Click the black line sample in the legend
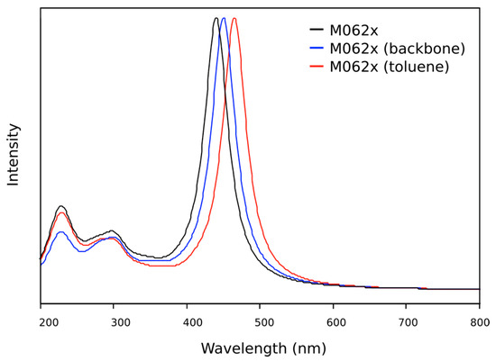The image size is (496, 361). (x=317, y=30)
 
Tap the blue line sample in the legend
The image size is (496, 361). (x=317, y=48)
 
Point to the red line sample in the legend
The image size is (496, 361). (x=317, y=66)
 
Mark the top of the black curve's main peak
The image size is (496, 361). (x=216, y=18)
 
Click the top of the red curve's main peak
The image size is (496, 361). (x=234, y=18)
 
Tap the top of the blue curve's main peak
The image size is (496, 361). (x=224, y=18)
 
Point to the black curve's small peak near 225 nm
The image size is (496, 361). (x=60, y=206)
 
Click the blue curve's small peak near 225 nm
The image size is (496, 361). (x=60, y=232)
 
